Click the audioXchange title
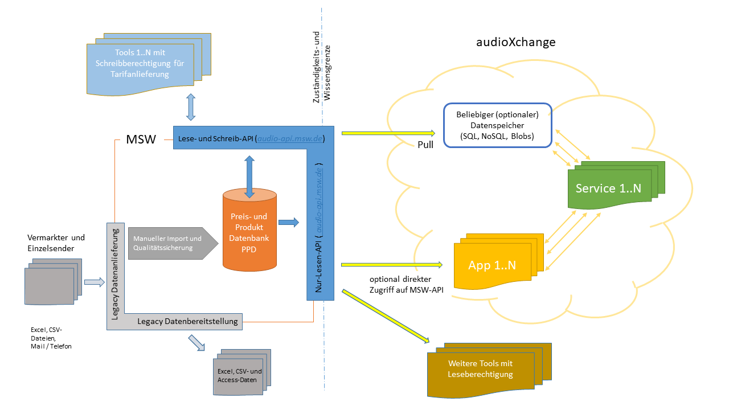(515, 43)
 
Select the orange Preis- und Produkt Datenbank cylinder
(249, 233)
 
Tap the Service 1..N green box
(608, 188)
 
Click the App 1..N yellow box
(492, 265)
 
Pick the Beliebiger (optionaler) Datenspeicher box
(497, 125)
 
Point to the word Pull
(425, 145)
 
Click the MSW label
(141, 140)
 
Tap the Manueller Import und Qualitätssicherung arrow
(169, 243)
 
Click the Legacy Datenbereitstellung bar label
(187, 322)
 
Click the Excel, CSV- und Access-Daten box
(236, 375)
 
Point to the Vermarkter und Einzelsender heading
(56, 243)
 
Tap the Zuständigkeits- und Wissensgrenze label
(322, 74)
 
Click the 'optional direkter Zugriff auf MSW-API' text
(400, 284)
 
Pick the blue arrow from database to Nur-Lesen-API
(288, 222)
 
